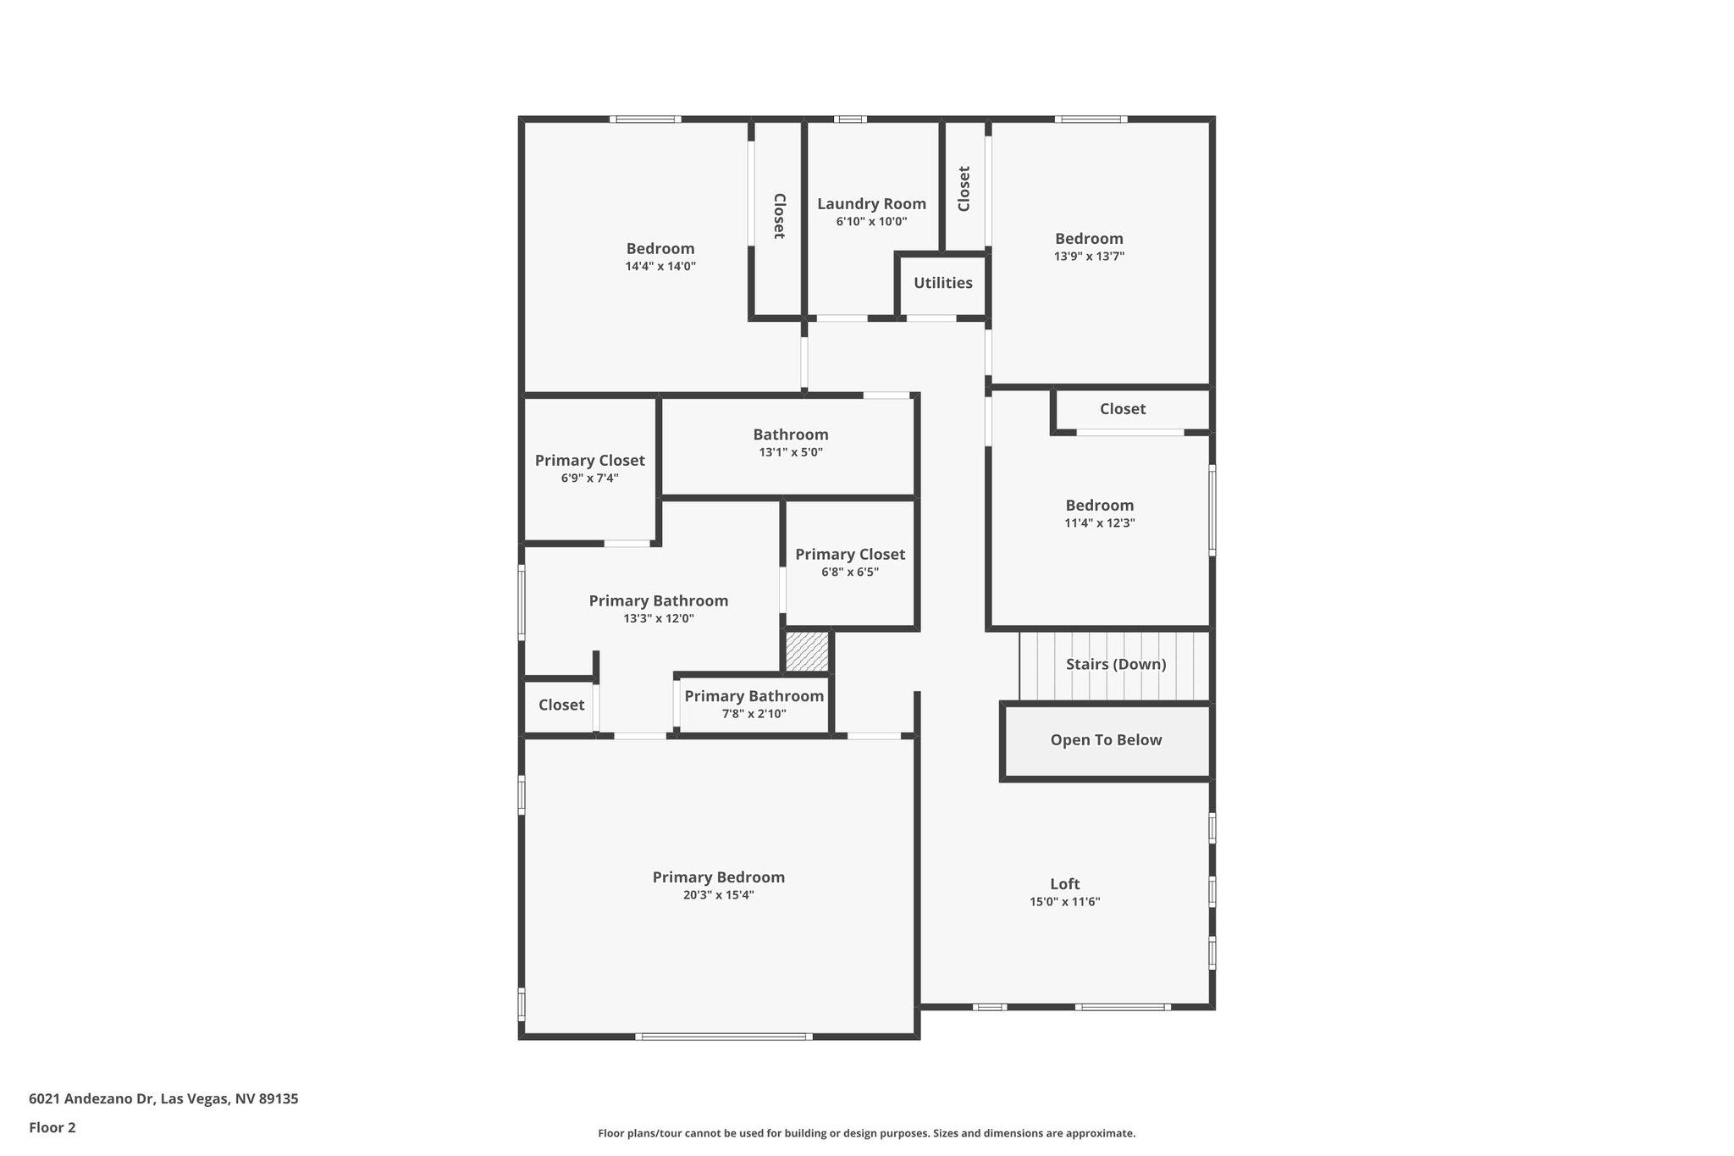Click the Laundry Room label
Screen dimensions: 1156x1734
click(x=871, y=204)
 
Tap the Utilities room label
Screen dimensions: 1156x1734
click(x=942, y=283)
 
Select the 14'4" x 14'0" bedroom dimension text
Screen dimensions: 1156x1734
click(x=660, y=266)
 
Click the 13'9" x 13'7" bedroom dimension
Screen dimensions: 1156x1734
click(x=1089, y=257)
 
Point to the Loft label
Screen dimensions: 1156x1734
click(x=1064, y=884)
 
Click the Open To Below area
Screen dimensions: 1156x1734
click(x=1106, y=740)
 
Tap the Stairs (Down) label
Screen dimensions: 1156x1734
click(x=1115, y=665)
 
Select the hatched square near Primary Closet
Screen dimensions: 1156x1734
click(x=807, y=652)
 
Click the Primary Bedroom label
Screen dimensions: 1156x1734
click(x=718, y=877)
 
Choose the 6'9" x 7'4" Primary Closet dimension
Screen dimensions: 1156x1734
click(x=589, y=478)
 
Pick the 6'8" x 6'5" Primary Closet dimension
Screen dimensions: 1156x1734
click(x=850, y=572)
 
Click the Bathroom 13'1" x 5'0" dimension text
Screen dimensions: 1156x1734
click(x=791, y=452)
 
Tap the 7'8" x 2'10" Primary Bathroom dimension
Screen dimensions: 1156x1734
click(x=754, y=714)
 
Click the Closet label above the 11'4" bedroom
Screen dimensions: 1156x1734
click(x=1122, y=409)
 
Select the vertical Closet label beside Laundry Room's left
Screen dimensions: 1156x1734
click(x=779, y=216)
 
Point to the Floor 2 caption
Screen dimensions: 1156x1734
click(x=52, y=1128)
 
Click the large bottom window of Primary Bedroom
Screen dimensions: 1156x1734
click(x=723, y=1037)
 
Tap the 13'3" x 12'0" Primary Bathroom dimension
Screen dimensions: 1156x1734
click(x=659, y=619)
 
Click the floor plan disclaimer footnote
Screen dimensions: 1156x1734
click(x=866, y=1133)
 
